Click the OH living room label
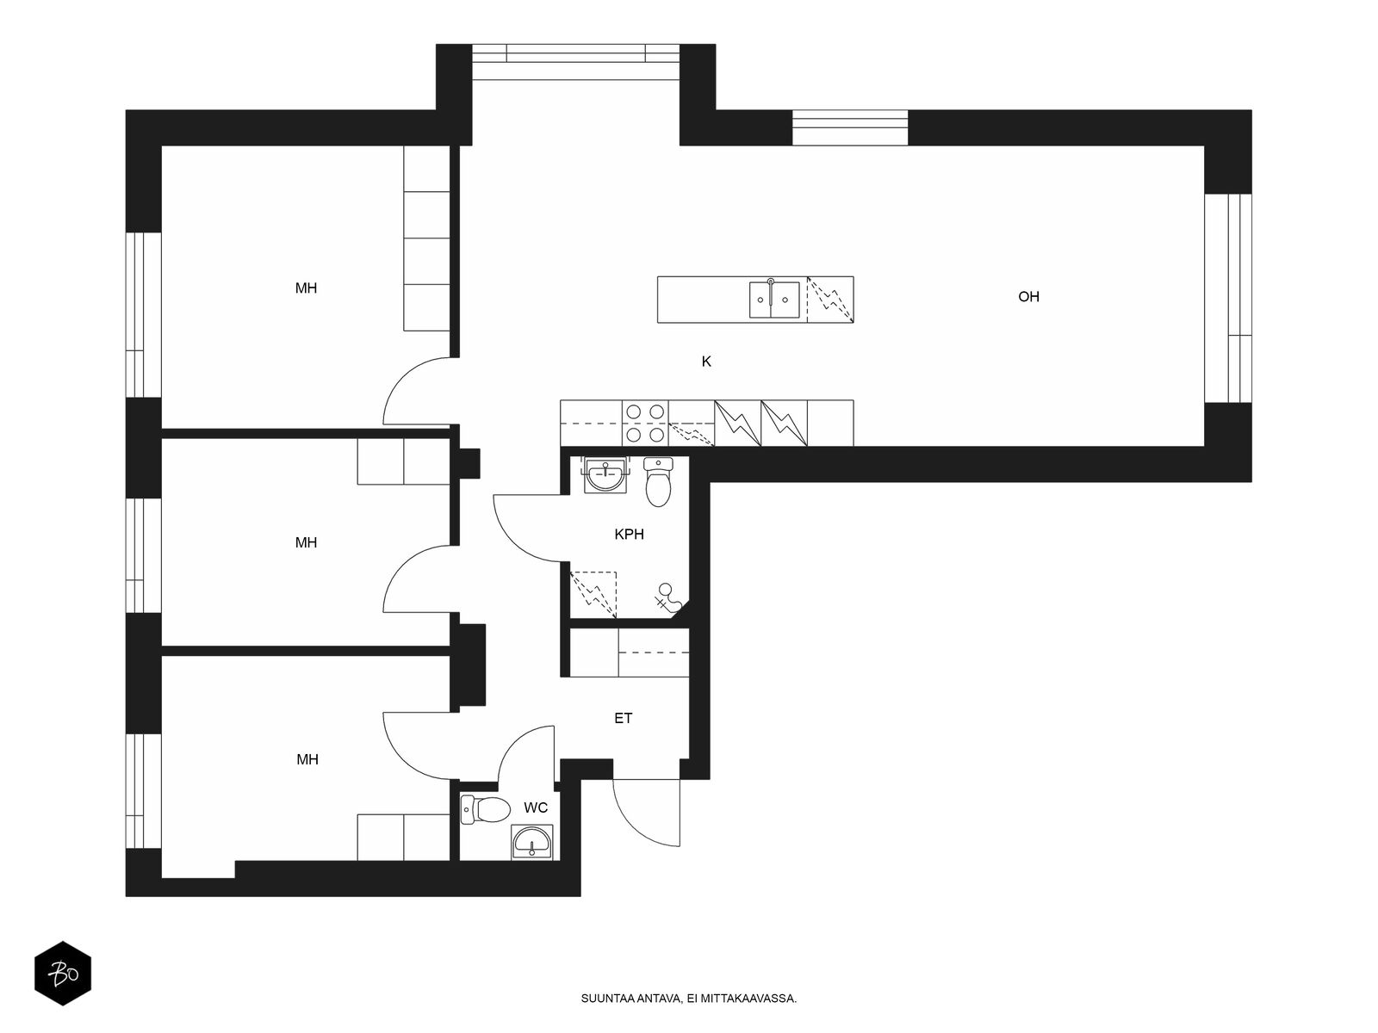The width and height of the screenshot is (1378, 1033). click(1028, 297)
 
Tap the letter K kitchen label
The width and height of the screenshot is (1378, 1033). click(706, 362)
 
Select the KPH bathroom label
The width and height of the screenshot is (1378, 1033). click(629, 535)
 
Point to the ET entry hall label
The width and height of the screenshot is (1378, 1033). click(623, 718)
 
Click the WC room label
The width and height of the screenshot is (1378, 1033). click(536, 807)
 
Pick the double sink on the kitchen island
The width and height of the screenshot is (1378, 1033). click(774, 300)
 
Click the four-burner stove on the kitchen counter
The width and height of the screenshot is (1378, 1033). click(645, 424)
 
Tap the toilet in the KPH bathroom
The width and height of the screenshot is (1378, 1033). click(658, 482)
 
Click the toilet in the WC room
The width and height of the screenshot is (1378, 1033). click(485, 810)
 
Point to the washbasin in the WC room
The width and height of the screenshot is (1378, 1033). click(532, 842)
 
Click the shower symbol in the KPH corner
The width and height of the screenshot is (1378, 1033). click(667, 597)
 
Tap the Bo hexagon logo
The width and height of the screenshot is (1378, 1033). click(63, 974)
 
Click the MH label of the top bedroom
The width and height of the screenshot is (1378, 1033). click(306, 288)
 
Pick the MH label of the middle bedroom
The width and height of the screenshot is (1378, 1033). click(306, 542)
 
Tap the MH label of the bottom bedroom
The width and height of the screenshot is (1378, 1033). click(307, 759)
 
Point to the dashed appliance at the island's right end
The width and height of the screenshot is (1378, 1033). click(830, 300)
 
